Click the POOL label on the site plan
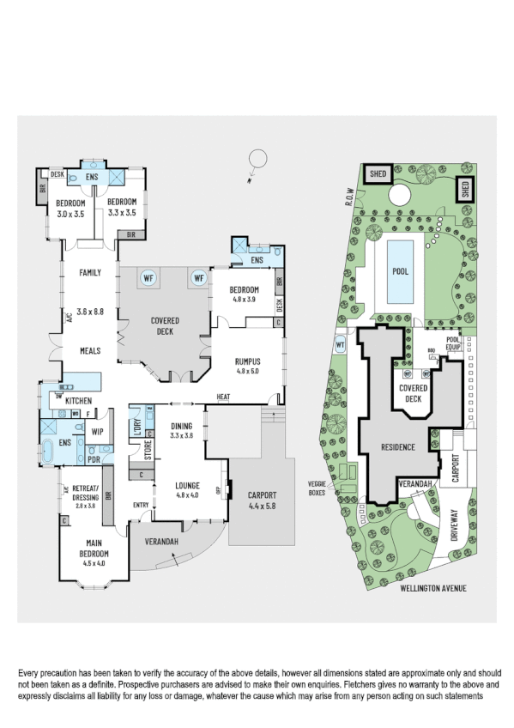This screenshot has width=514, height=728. (400, 271)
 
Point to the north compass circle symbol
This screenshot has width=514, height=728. (255, 160)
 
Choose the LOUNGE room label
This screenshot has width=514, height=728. (187, 485)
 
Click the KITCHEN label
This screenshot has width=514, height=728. (78, 400)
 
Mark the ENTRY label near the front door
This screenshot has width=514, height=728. (141, 504)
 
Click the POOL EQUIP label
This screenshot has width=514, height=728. (454, 344)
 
